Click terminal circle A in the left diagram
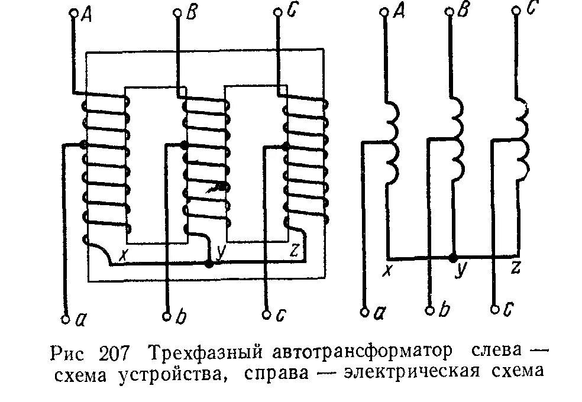[73, 12]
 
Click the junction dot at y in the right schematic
[454, 258]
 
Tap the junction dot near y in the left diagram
[208, 264]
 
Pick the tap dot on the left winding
[83, 144]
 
